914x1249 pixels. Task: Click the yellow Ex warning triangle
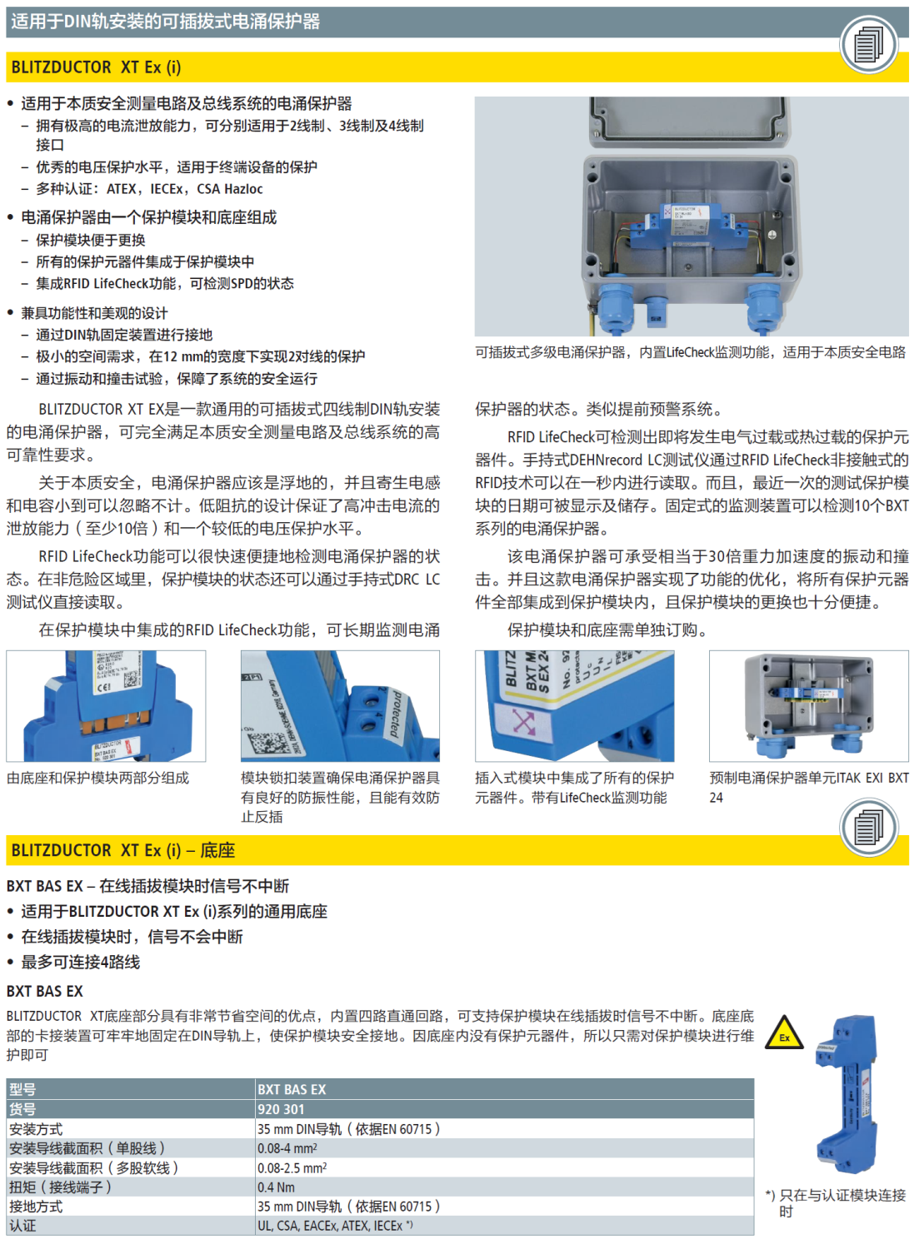click(783, 1033)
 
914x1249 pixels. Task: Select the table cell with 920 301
click(281, 1109)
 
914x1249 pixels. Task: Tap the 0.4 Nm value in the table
click(276, 1187)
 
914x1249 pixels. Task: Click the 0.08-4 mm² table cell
click(287, 1148)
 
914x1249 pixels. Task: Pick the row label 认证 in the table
click(22, 1226)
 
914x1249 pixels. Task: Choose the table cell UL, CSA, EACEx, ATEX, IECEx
click(334, 1226)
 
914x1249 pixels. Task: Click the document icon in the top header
click(868, 43)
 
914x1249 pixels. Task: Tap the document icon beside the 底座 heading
click(868, 828)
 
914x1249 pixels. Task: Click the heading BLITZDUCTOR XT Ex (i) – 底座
click(123, 850)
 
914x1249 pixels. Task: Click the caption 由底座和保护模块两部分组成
click(97, 778)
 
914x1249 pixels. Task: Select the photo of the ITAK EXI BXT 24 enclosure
click(808, 705)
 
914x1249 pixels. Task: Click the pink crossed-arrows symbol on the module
click(523, 721)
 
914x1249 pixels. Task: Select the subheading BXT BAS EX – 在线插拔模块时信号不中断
click(147, 886)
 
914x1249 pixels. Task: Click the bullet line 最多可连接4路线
click(80, 962)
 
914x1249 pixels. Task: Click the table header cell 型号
click(22, 1089)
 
